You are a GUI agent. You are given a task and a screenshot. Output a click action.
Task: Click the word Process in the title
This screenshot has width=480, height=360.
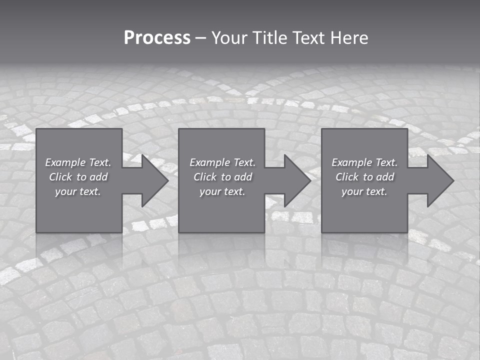pyautogui.click(x=157, y=38)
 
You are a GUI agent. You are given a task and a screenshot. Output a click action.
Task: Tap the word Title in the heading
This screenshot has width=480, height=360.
pyautogui.click(x=269, y=38)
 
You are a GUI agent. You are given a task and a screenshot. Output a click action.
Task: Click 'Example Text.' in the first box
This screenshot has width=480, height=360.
pyautogui.click(x=78, y=162)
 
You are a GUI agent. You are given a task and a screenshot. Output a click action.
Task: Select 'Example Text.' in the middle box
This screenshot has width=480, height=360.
pyautogui.click(x=222, y=162)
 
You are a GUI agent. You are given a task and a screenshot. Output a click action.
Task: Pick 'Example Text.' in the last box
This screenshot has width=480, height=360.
pyautogui.click(x=364, y=162)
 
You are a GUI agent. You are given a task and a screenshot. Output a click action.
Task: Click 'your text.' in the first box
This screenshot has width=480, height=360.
pyautogui.click(x=78, y=191)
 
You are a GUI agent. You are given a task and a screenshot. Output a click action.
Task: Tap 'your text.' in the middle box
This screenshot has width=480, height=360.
pyautogui.click(x=222, y=191)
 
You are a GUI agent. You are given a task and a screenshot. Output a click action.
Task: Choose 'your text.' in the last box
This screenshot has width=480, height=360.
pyautogui.click(x=364, y=191)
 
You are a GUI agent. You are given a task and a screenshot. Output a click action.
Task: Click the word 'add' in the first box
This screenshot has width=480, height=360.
pyautogui.click(x=99, y=177)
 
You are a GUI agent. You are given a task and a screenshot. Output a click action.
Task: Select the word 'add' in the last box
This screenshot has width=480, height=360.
pyautogui.click(x=385, y=177)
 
